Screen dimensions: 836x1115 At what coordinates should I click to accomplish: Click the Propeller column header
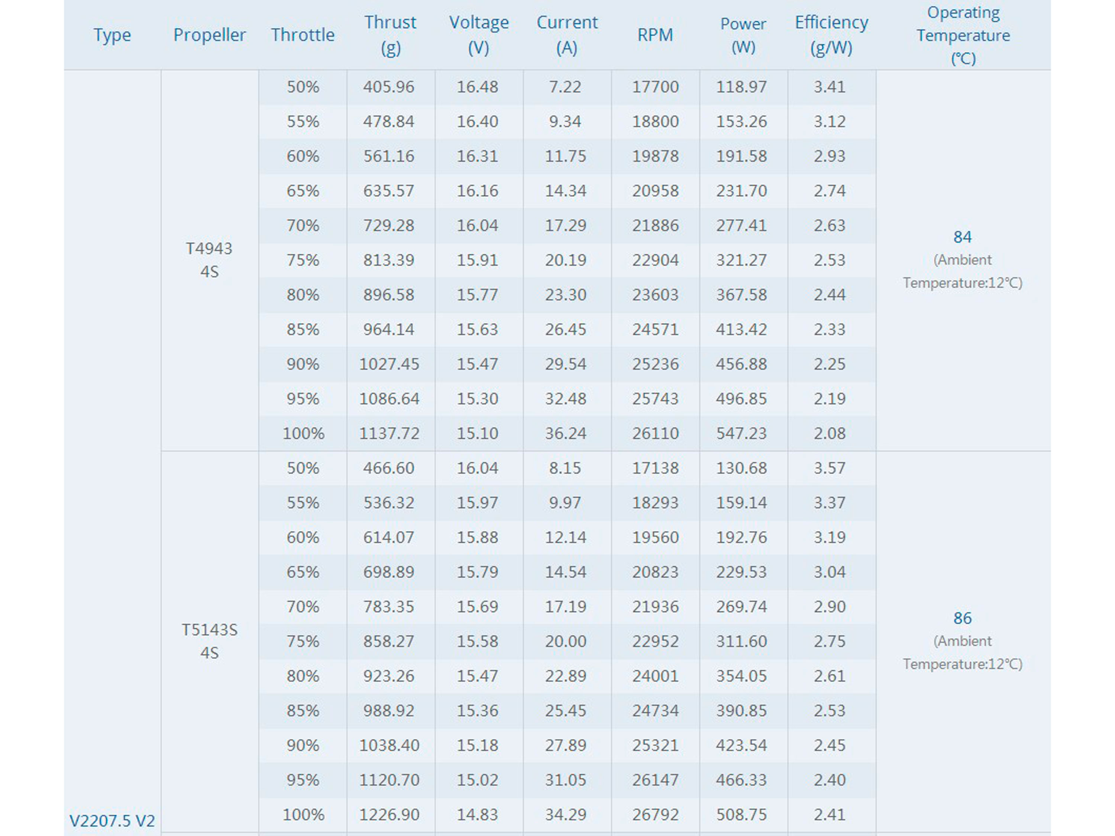pyautogui.click(x=209, y=35)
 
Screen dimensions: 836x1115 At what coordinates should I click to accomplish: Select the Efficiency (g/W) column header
pyautogui.click(x=831, y=35)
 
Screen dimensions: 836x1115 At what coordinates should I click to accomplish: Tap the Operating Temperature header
pyautogui.click(x=963, y=35)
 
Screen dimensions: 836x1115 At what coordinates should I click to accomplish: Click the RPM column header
pyautogui.click(x=655, y=35)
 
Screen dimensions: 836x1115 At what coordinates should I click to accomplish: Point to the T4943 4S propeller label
pyautogui.click(x=209, y=260)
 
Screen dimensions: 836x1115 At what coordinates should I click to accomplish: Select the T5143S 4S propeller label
pyautogui.click(x=209, y=641)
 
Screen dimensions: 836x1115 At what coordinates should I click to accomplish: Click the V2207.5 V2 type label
pyautogui.click(x=112, y=821)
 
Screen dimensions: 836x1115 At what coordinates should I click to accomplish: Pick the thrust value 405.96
pyautogui.click(x=389, y=87)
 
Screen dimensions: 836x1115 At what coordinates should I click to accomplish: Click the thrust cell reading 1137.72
pyautogui.click(x=389, y=433)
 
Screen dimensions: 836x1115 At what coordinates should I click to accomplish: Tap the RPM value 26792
pyautogui.click(x=655, y=814)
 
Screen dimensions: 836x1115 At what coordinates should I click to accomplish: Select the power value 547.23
pyautogui.click(x=741, y=433)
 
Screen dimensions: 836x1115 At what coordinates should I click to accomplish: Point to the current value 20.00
pyautogui.click(x=566, y=641)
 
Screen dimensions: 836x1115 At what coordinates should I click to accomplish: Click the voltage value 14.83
pyautogui.click(x=477, y=814)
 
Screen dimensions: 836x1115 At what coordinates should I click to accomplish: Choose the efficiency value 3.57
pyautogui.click(x=830, y=468)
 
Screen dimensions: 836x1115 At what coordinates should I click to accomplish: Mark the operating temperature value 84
pyautogui.click(x=962, y=237)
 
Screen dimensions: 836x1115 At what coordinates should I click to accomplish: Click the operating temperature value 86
pyautogui.click(x=962, y=618)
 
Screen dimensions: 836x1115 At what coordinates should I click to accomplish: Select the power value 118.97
pyautogui.click(x=741, y=87)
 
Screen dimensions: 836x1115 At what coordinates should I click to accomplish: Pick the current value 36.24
pyautogui.click(x=566, y=433)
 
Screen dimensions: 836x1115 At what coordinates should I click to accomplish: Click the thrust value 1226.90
pyautogui.click(x=389, y=814)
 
